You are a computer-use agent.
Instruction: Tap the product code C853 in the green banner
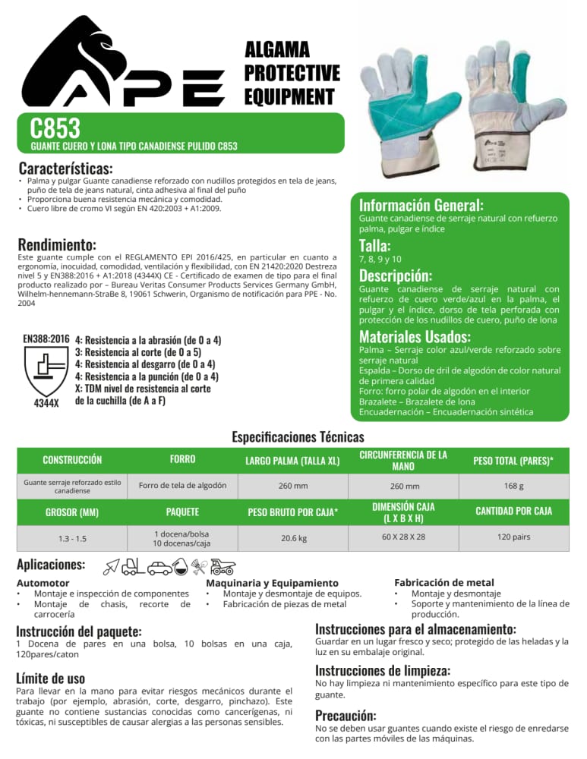point(55,128)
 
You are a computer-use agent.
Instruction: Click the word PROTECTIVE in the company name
point(292,74)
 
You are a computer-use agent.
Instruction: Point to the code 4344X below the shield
point(46,403)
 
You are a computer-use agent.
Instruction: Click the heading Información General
point(421,205)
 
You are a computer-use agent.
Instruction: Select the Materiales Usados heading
point(415,336)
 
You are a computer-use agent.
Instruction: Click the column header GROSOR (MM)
point(72,511)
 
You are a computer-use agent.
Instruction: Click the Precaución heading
point(346,715)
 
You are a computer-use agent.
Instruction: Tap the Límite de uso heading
point(50,677)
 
